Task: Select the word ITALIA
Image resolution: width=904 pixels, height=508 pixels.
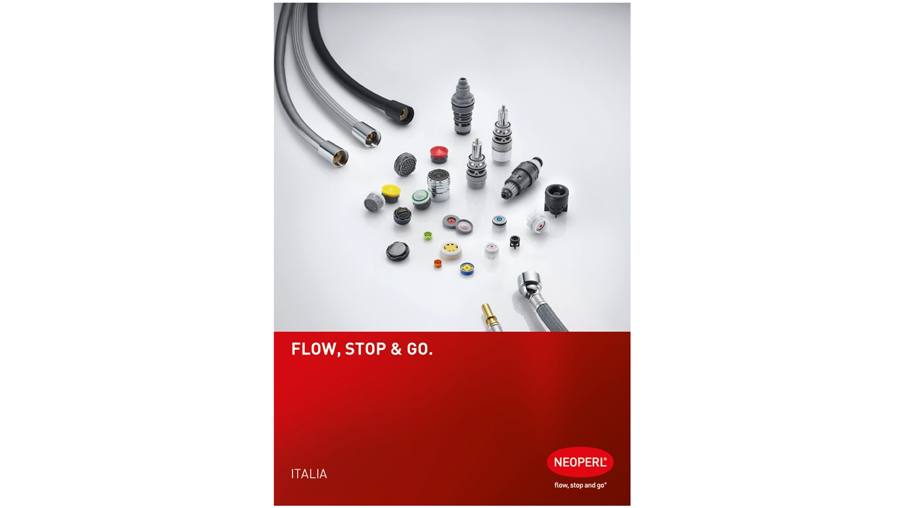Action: pyautogui.click(x=309, y=474)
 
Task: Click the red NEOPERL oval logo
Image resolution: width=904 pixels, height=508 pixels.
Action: pyautogui.click(x=580, y=462)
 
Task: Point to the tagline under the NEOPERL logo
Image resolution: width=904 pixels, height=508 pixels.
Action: pyautogui.click(x=580, y=485)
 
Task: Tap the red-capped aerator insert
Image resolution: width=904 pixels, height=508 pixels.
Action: pyautogui.click(x=438, y=155)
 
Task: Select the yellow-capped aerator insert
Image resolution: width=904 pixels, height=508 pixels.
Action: pyautogui.click(x=391, y=193)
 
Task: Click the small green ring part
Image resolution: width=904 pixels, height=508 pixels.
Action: pyautogui.click(x=428, y=236)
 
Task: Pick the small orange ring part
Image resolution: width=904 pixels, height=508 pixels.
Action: pyautogui.click(x=437, y=263)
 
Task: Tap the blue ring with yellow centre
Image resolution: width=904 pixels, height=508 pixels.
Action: pyautogui.click(x=467, y=269)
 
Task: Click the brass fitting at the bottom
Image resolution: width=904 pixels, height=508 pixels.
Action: pyautogui.click(x=490, y=316)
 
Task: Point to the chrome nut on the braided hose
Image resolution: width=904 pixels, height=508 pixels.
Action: pyautogui.click(x=529, y=284)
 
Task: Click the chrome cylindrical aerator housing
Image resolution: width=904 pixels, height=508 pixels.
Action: pyautogui.click(x=438, y=185)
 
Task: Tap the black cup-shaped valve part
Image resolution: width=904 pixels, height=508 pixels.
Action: pyautogui.click(x=557, y=199)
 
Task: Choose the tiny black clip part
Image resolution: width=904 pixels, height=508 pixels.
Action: pyautogui.click(x=514, y=242)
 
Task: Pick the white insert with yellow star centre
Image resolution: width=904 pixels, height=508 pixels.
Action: pyautogui.click(x=451, y=251)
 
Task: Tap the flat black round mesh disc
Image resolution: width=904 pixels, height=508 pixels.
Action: pyautogui.click(x=397, y=252)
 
